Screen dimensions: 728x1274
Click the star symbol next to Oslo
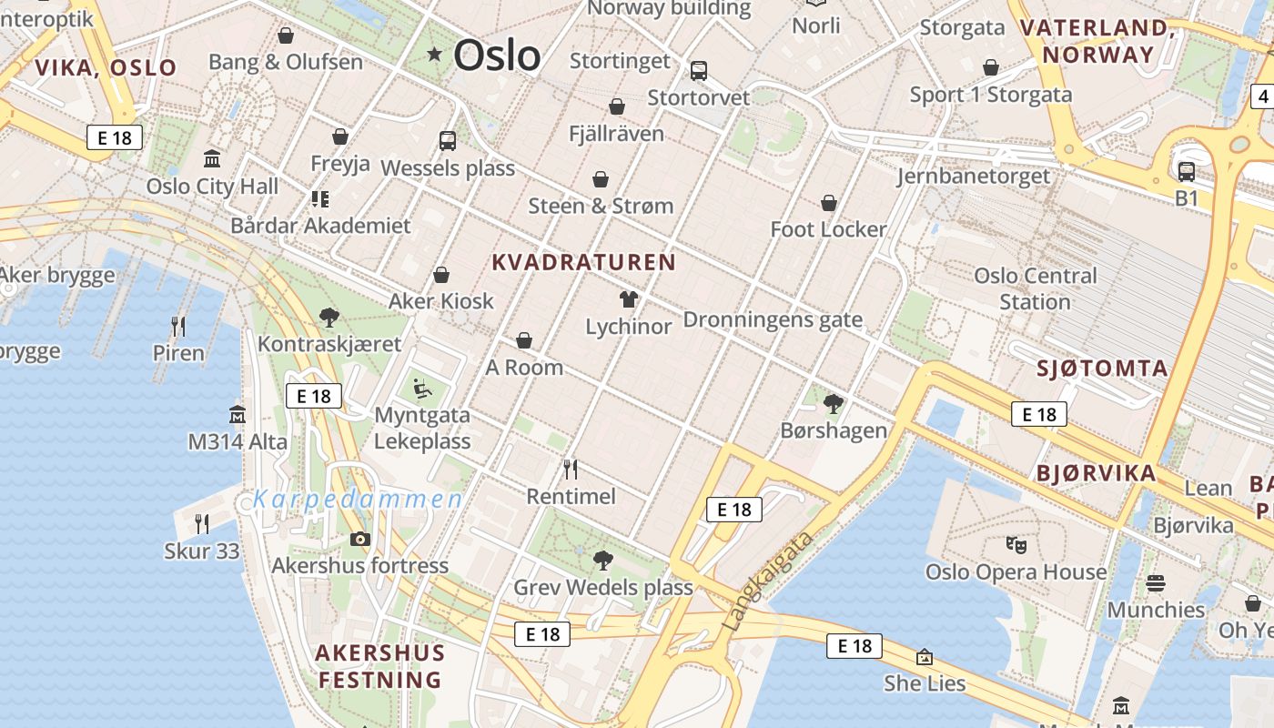tap(435, 55)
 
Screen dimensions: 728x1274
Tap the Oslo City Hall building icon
tap(212, 159)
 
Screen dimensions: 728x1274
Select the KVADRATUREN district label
tap(583, 263)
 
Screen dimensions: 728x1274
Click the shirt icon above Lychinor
tap(628, 298)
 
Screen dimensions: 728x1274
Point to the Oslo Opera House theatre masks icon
tap(1016, 545)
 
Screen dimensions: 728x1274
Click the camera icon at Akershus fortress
tap(359, 539)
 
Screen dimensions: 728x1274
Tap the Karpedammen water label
tap(358, 499)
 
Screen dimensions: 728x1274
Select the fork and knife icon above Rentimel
tap(571, 470)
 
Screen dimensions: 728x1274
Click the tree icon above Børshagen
tap(833, 403)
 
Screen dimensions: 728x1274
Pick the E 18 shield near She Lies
tap(854, 646)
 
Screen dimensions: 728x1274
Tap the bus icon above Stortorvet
tap(698, 70)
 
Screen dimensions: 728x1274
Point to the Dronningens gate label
tap(772, 319)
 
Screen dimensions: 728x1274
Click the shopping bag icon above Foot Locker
tap(828, 202)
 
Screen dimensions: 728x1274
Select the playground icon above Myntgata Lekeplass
tap(422, 389)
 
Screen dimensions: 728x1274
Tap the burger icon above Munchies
tap(1156, 583)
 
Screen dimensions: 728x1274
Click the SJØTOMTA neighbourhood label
tap(1102, 369)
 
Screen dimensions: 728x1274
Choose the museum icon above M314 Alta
tap(238, 415)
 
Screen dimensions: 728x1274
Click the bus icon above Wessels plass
tap(447, 140)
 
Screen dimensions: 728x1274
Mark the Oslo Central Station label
tap(1035, 288)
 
